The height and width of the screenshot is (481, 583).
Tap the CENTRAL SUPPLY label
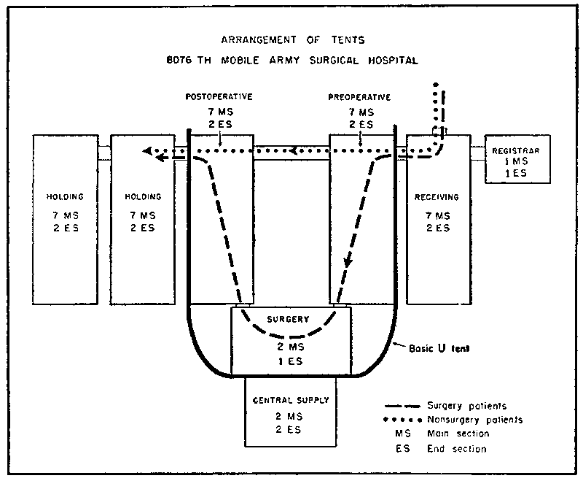click(291, 400)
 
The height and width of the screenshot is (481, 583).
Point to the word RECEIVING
click(437, 196)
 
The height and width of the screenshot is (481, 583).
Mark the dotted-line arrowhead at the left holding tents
click(148, 151)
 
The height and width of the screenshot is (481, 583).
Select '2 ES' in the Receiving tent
click(437, 228)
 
